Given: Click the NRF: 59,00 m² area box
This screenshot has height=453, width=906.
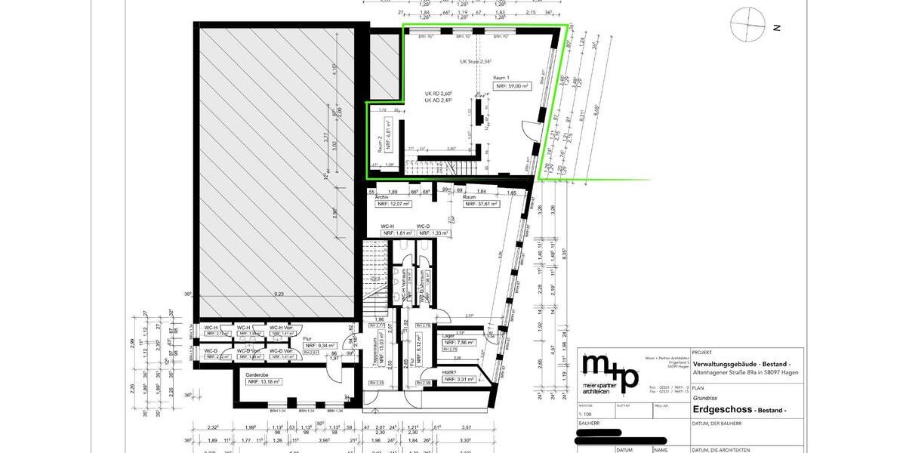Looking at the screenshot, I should click(x=513, y=87).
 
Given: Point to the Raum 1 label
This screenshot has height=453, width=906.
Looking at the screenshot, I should click(x=501, y=78).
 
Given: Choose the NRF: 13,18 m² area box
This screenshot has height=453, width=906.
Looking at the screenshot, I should click(x=263, y=381).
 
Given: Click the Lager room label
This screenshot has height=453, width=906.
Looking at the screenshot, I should click(x=448, y=335).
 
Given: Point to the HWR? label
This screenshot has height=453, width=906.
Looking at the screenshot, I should click(x=448, y=372).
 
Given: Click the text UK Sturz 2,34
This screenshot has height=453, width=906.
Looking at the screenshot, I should click(x=476, y=62).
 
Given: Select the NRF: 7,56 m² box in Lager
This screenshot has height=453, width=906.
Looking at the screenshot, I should click(x=458, y=343).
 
